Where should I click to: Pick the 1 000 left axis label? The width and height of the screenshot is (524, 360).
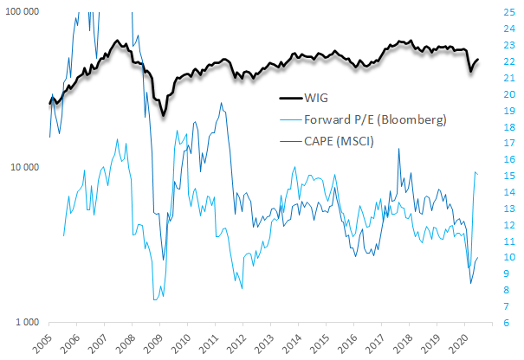[x=29, y=322]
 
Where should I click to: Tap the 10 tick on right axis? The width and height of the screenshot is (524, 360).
[x=510, y=257]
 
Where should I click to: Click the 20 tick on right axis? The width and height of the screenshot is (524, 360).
[x=510, y=94]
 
